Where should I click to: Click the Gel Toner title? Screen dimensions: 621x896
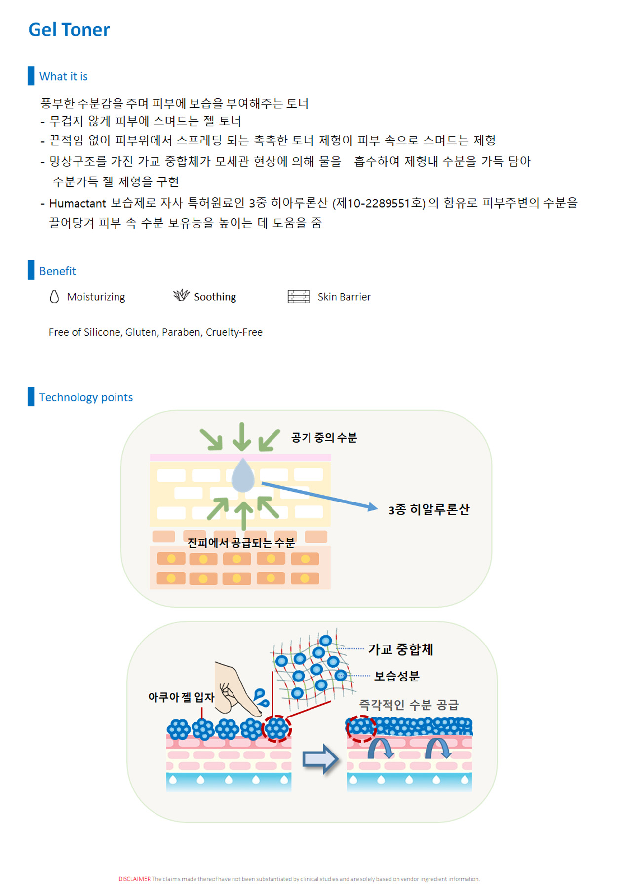69,30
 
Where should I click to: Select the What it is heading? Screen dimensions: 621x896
64,76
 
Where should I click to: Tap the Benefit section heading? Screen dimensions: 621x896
57,271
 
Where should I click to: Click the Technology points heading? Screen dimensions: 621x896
86,397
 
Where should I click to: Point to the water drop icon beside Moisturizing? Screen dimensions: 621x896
54,296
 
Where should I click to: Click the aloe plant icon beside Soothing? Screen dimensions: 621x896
181,295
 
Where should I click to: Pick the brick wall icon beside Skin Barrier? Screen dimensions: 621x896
298,296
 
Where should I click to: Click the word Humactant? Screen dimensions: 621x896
78,203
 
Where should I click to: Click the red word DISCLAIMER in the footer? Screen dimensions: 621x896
134,879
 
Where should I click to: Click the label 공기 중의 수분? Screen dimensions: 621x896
324,437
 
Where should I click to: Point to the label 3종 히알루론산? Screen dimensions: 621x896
428,509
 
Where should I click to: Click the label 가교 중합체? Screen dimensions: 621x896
400,649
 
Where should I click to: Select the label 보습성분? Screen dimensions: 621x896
396,676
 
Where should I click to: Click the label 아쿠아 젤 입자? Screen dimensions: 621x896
181,697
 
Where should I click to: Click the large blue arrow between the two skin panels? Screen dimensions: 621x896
320,759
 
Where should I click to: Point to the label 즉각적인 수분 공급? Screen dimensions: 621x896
409,705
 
